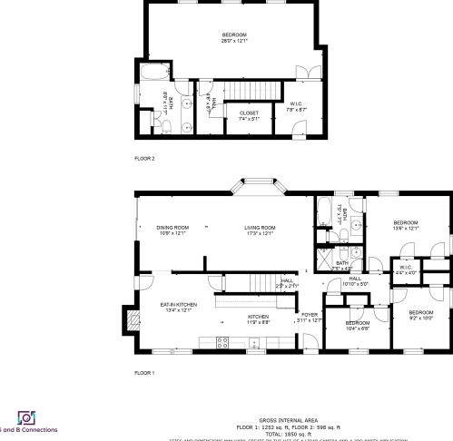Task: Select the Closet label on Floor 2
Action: [249, 115]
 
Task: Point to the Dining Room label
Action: [172, 230]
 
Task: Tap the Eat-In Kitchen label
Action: [178, 307]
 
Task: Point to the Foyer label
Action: [310, 317]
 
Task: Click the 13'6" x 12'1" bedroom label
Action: [405, 225]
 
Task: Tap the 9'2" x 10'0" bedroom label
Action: [421, 315]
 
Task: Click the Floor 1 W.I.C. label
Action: [407, 269]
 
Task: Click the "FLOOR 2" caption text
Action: [144, 158]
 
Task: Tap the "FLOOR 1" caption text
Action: [144, 373]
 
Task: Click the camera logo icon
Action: [25, 417]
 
